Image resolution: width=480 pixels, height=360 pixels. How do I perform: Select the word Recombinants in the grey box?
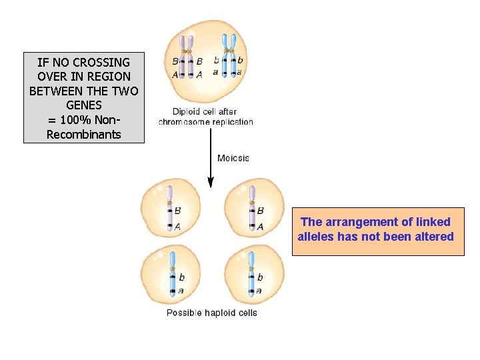(83, 135)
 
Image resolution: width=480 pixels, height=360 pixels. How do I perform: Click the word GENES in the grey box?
(84, 106)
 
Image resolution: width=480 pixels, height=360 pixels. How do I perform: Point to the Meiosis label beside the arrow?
(233, 158)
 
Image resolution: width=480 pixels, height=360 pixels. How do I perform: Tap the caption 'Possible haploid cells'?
(211, 313)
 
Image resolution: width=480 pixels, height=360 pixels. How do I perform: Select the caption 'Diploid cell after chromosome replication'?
(205, 117)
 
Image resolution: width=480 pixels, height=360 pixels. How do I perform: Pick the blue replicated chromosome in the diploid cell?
(229, 57)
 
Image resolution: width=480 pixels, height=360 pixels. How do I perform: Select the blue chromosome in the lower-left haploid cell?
(173, 273)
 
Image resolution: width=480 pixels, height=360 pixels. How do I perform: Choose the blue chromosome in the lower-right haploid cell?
(251, 273)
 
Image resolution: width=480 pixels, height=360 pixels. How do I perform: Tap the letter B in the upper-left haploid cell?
(178, 211)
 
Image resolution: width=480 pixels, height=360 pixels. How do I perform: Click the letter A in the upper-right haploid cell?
(260, 227)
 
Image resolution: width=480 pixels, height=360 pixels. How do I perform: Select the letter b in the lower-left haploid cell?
(182, 277)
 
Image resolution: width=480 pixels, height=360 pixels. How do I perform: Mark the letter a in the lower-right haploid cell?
(259, 291)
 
